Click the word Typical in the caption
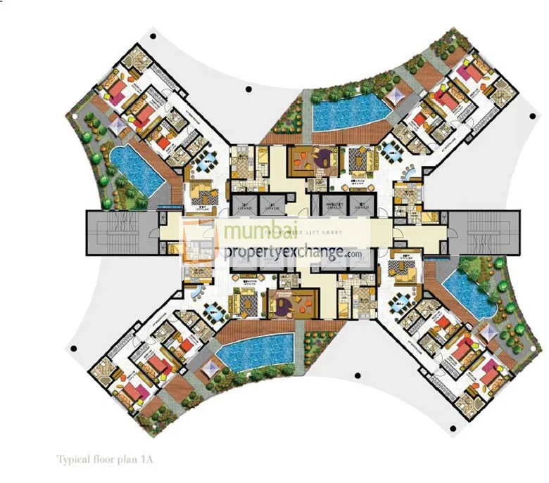click(x=72, y=459)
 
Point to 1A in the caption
click(x=146, y=459)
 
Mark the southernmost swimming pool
click(x=254, y=349)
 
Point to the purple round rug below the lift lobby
click(x=279, y=304)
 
